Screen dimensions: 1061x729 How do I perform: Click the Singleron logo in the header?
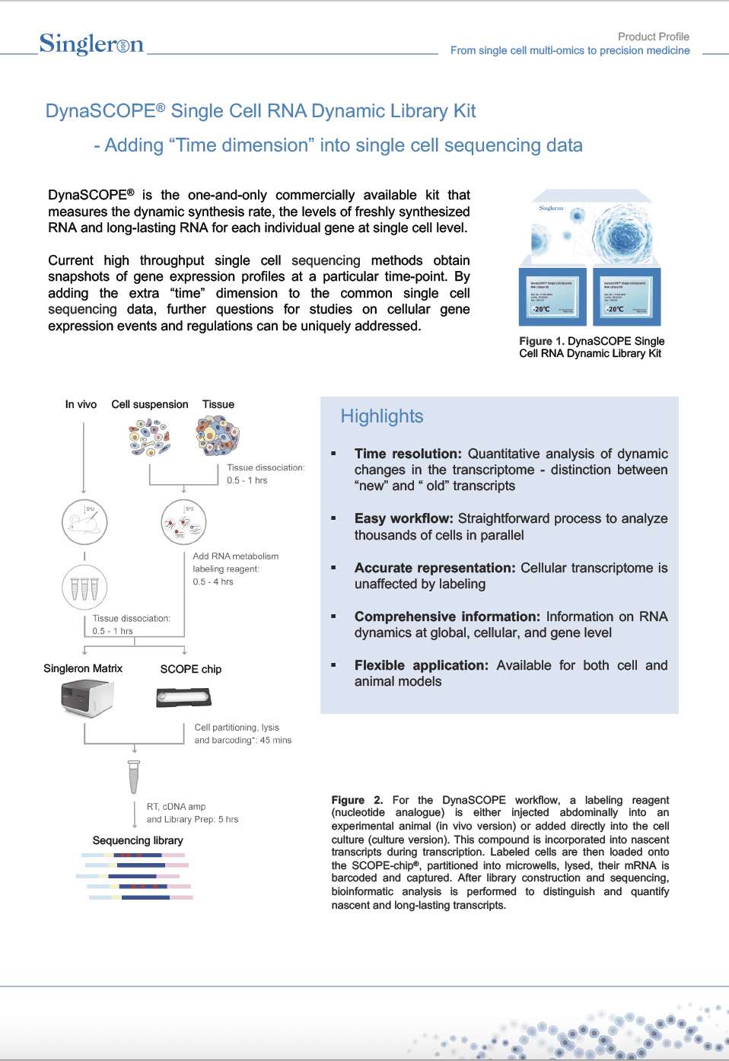click(x=91, y=44)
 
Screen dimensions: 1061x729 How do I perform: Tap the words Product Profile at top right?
click(x=653, y=37)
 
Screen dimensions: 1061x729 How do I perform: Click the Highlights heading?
click(x=382, y=416)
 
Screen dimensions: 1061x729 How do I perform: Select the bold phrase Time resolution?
click(x=408, y=454)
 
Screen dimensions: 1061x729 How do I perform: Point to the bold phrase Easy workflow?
click(x=403, y=518)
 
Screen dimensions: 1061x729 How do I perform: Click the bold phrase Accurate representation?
click(x=435, y=568)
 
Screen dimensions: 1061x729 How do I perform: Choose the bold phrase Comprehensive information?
click(x=447, y=617)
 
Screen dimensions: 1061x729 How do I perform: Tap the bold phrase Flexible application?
click(x=421, y=665)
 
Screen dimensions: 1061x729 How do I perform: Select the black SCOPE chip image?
click(x=183, y=697)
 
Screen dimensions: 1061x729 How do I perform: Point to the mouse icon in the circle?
click(x=84, y=522)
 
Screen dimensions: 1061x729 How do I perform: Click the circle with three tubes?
click(x=84, y=588)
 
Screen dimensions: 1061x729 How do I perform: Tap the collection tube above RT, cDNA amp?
click(x=134, y=777)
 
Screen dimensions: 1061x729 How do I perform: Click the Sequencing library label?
click(x=138, y=840)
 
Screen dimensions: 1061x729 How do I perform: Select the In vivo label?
click(x=81, y=404)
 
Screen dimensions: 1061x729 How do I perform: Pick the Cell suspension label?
click(x=149, y=404)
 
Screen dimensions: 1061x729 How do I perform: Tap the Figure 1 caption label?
click(x=591, y=347)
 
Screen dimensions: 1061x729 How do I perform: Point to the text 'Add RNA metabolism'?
click(x=235, y=556)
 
